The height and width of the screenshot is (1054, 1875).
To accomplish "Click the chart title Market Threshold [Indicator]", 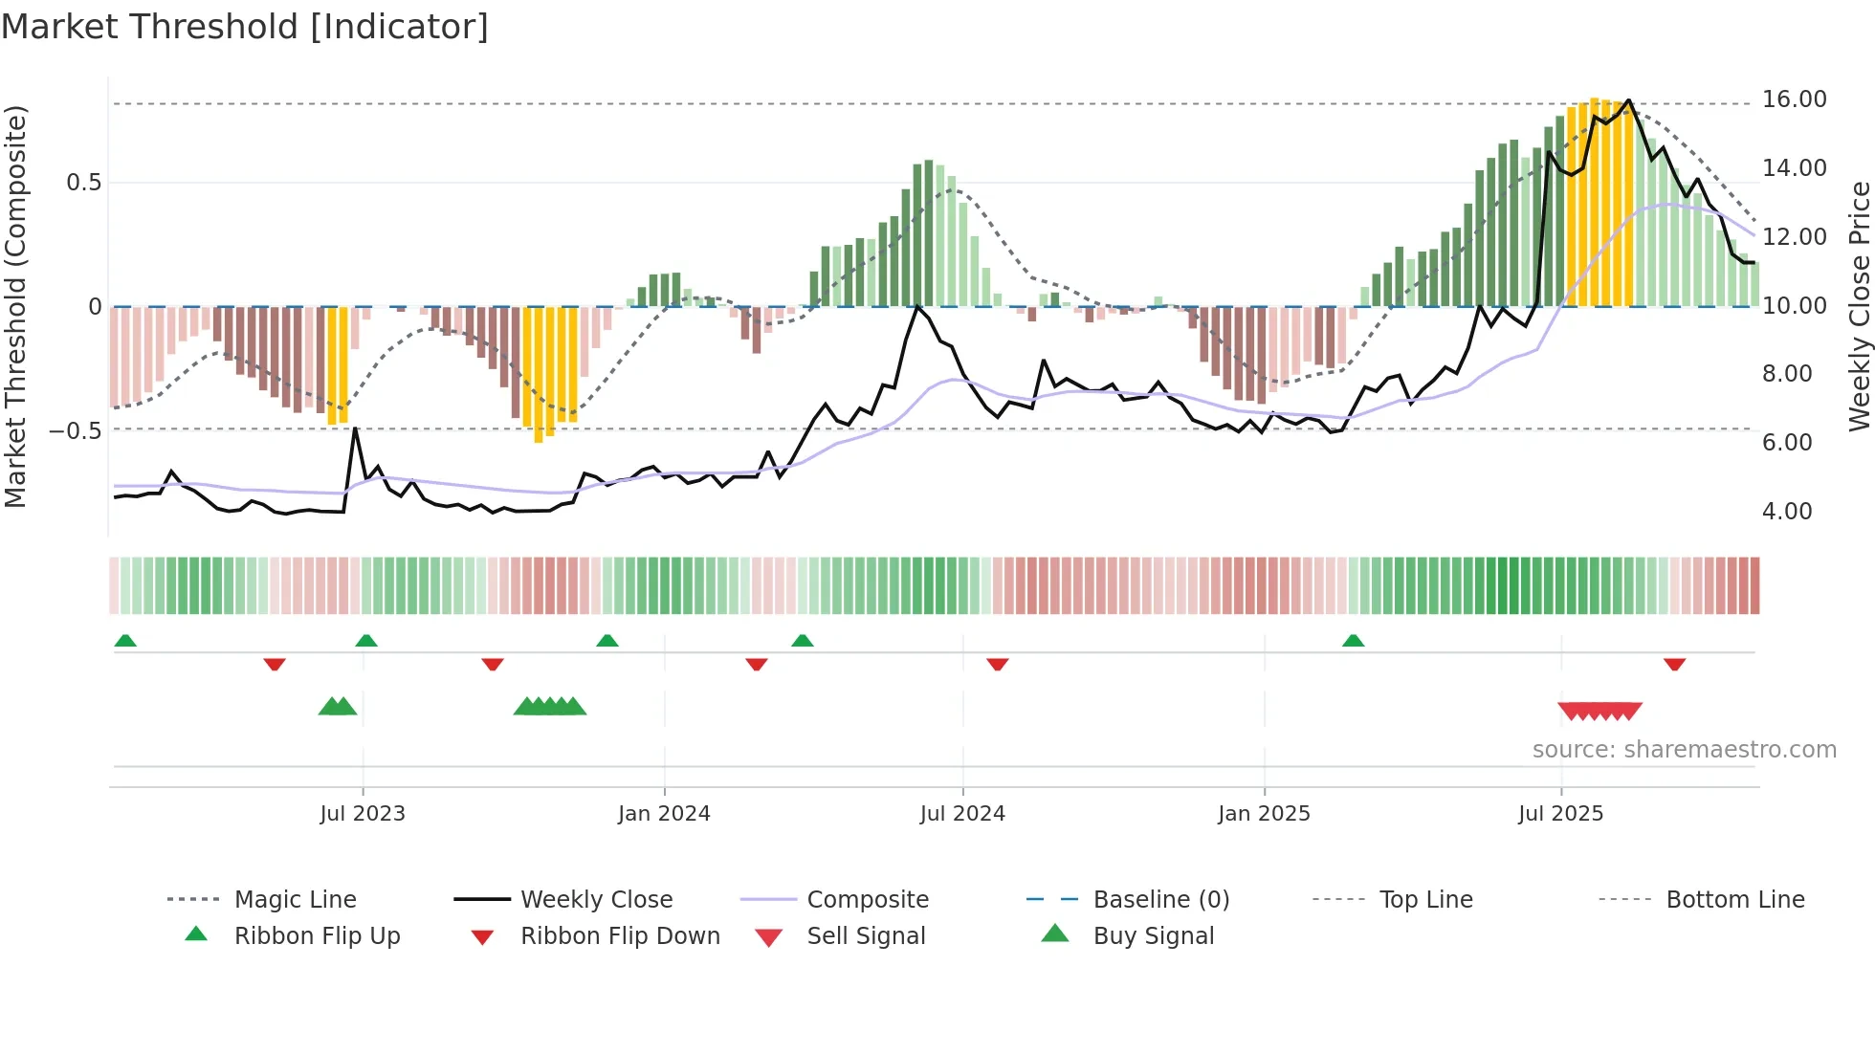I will click(245, 27).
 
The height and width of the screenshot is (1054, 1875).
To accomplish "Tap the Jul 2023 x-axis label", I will click(362, 814).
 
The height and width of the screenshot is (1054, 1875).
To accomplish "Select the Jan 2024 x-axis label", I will click(664, 814).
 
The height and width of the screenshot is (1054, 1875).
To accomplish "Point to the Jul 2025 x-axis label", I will click(1560, 814).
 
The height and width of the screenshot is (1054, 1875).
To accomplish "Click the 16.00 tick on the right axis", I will click(1794, 99).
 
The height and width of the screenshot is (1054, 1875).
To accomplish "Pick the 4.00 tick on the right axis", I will click(1786, 512).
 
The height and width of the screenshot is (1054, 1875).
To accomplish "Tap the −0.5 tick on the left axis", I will click(75, 431).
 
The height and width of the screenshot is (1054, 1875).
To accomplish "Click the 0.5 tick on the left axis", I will click(83, 183).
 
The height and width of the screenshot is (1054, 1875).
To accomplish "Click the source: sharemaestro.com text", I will click(1684, 750).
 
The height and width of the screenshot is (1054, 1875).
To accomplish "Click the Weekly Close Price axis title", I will click(1859, 306).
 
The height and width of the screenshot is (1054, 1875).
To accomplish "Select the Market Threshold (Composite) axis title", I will click(15, 306).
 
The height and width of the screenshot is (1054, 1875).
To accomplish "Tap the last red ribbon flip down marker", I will click(1674, 664).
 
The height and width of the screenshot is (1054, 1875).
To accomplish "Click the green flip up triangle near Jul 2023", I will click(366, 640).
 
